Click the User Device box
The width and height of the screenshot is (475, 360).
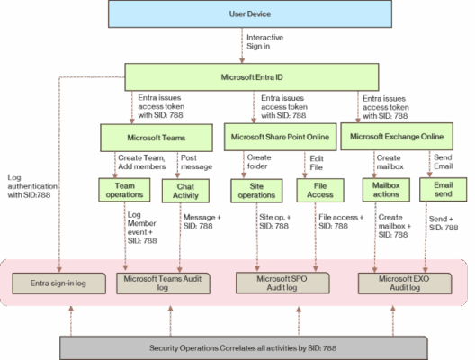[x=250, y=14]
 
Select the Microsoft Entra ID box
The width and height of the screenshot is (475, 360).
[x=250, y=77]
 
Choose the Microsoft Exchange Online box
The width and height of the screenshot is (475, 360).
[x=396, y=137]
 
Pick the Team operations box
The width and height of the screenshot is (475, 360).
[x=125, y=191]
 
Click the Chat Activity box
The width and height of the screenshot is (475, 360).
[x=184, y=191]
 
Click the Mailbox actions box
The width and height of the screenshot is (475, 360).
[x=386, y=191]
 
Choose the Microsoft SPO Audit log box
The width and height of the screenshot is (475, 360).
[x=279, y=283]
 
